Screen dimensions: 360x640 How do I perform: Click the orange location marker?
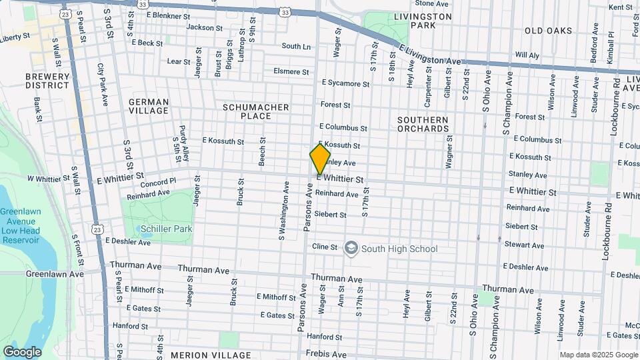pyautogui.click(x=320, y=159)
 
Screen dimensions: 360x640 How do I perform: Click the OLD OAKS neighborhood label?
pyautogui.click(x=548, y=31)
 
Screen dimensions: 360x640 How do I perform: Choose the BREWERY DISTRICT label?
pyautogui.click(x=47, y=81)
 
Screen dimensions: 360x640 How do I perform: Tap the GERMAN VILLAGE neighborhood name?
pyautogui.click(x=149, y=107)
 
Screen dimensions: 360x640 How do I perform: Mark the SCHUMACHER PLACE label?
pyautogui.click(x=256, y=111)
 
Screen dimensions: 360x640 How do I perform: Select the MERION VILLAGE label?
pyautogui.click(x=211, y=355)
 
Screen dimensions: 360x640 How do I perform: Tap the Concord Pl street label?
pyautogui.click(x=159, y=181)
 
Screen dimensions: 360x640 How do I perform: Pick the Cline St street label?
pyautogui.click(x=325, y=247)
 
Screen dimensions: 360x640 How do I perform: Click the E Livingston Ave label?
pyautogui.click(x=431, y=54)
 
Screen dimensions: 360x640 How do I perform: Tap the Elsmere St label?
pyautogui.click(x=291, y=71)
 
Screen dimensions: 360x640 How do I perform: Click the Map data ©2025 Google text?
pyautogui.click(x=598, y=355)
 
